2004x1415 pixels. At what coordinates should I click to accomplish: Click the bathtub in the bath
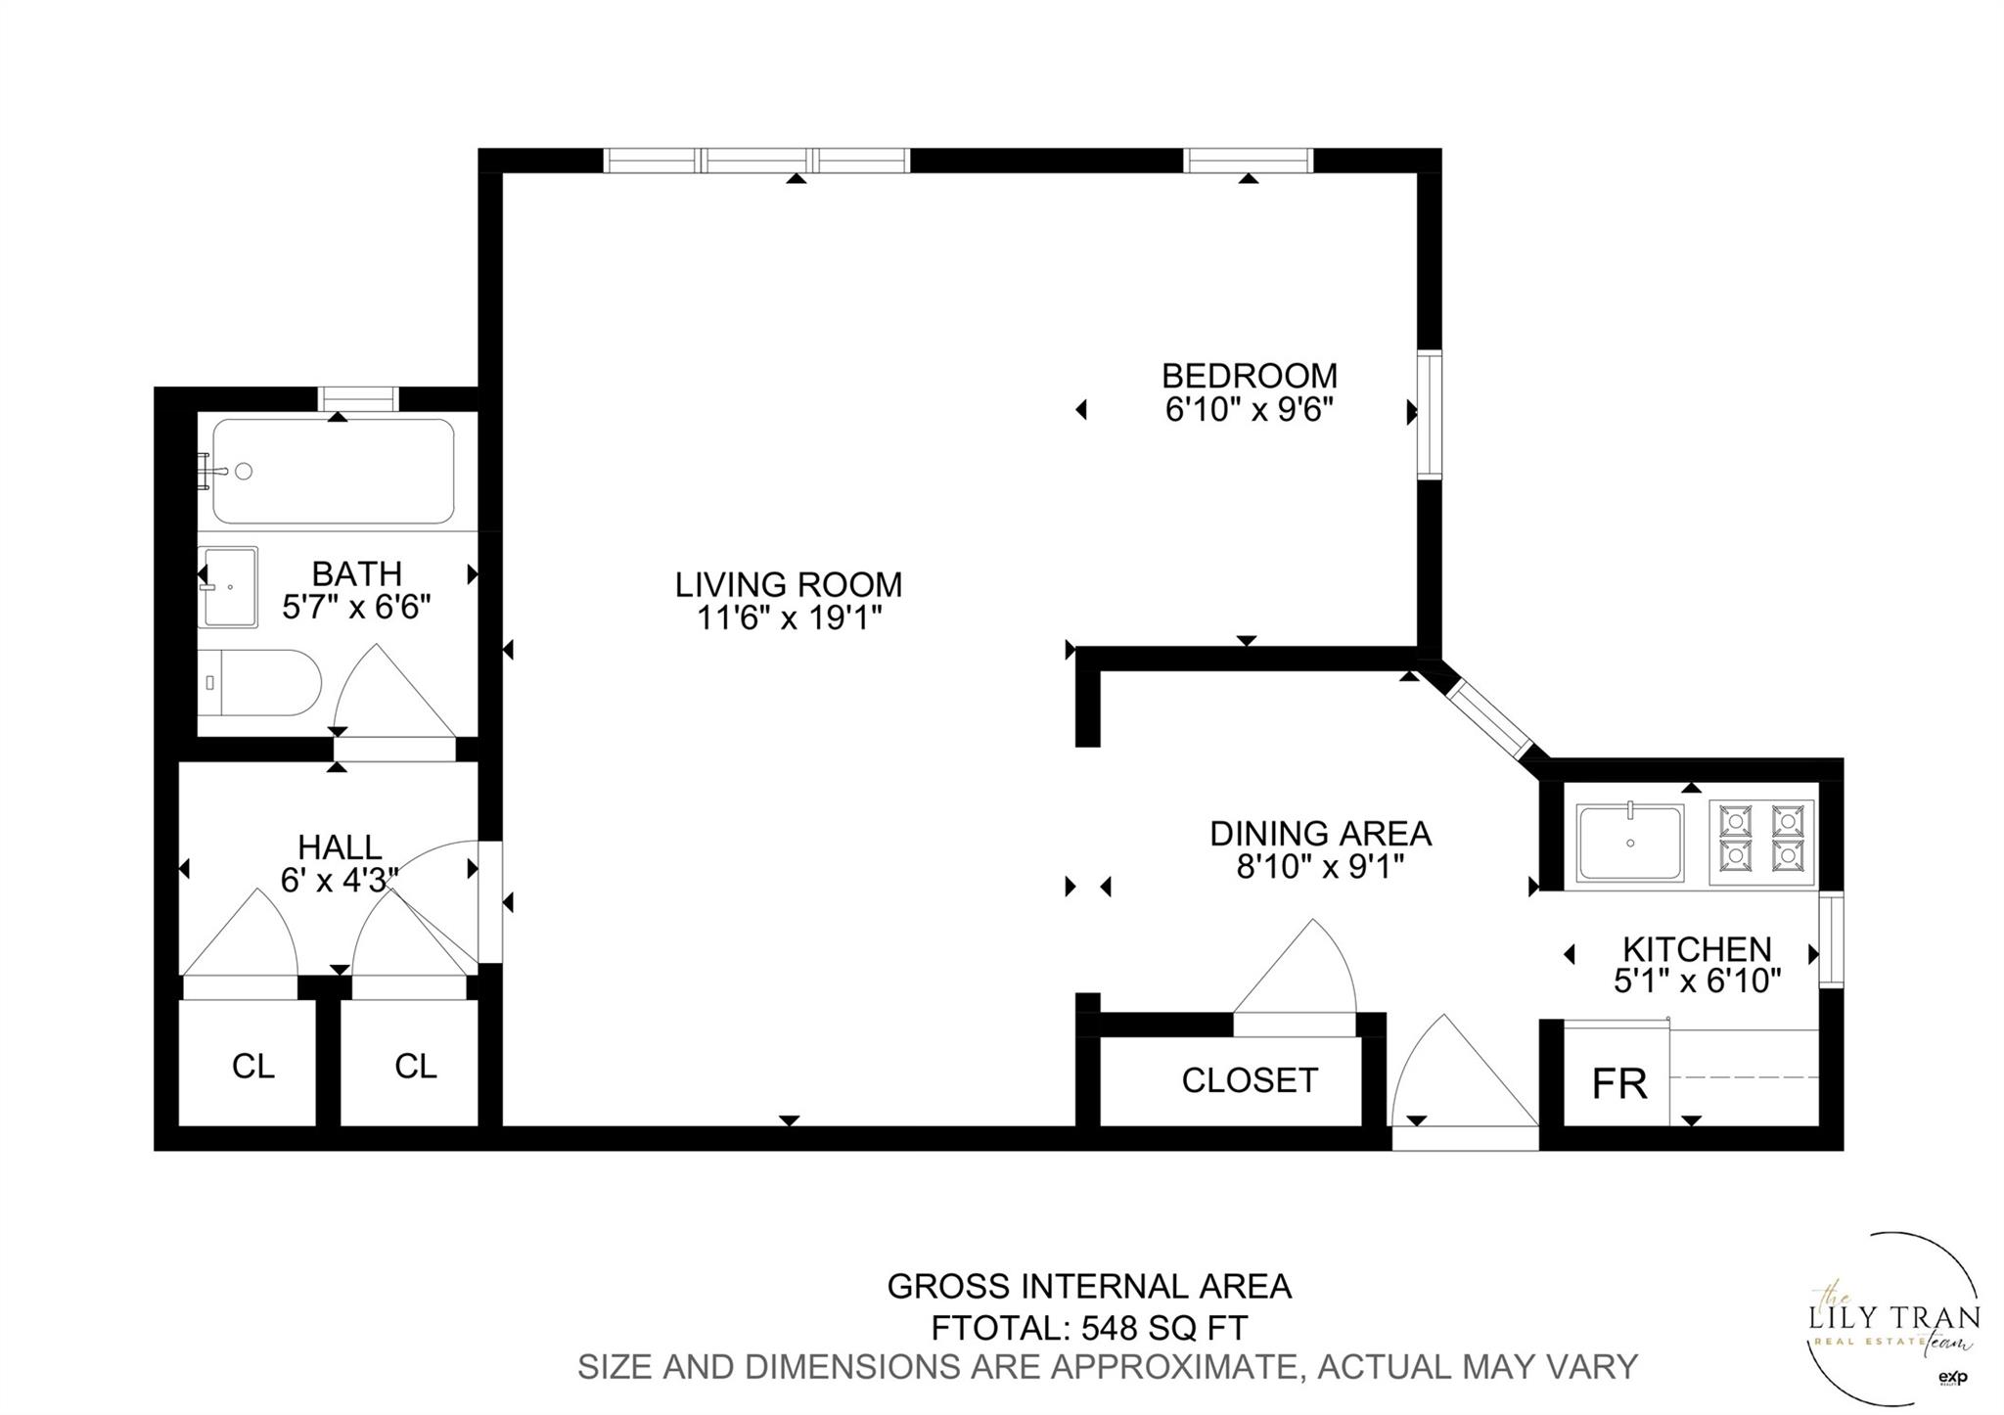tap(334, 471)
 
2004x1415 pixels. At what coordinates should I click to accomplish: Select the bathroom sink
tap(229, 586)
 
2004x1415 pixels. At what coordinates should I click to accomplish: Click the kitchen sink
tap(1630, 842)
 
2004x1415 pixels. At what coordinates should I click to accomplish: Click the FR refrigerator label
tap(1619, 1084)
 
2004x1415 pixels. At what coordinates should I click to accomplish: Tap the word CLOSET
tap(1250, 1080)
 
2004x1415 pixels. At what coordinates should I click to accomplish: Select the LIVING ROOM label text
tap(788, 585)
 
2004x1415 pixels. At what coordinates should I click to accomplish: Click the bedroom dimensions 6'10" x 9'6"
tap(1250, 409)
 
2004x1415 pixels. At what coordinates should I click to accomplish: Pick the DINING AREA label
tap(1320, 834)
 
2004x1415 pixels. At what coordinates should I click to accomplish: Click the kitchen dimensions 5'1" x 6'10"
tap(1697, 981)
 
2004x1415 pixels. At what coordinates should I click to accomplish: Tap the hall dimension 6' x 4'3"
tap(340, 880)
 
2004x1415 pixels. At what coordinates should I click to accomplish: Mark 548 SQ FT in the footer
tap(1164, 1328)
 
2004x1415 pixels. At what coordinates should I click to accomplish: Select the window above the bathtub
tap(357, 398)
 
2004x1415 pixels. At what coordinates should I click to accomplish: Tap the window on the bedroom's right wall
tap(1430, 414)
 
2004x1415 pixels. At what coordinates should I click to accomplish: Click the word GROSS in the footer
tap(949, 1286)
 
